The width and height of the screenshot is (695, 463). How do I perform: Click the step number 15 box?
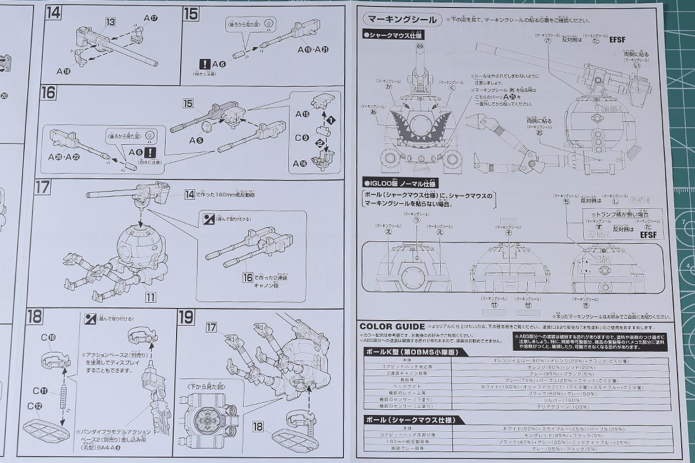[191, 13]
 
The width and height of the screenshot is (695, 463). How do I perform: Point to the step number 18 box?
[35, 317]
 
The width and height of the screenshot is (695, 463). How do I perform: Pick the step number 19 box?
[186, 317]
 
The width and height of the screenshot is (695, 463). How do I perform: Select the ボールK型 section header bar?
[411, 351]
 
